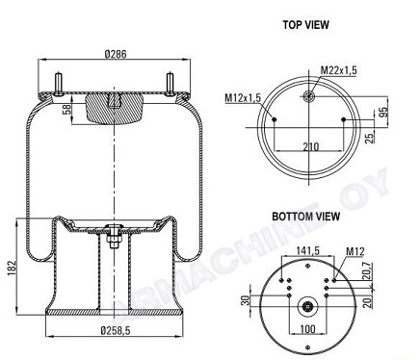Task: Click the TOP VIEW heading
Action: pyautogui.click(x=305, y=25)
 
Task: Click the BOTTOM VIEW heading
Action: pyautogui.click(x=305, y=217)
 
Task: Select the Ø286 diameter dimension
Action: pyautogui.click(x=116, y=54)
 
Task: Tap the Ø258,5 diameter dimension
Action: pyautogui.click(x=116, y=330)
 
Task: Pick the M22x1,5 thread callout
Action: pyautogui.click(x=339, y=69)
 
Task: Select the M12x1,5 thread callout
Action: pyautogui.click(x=243, y=97)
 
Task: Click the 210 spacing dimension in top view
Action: pyautogui.click(x=311, y=147)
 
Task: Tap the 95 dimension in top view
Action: pyautogui.click(x=383, y=112)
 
